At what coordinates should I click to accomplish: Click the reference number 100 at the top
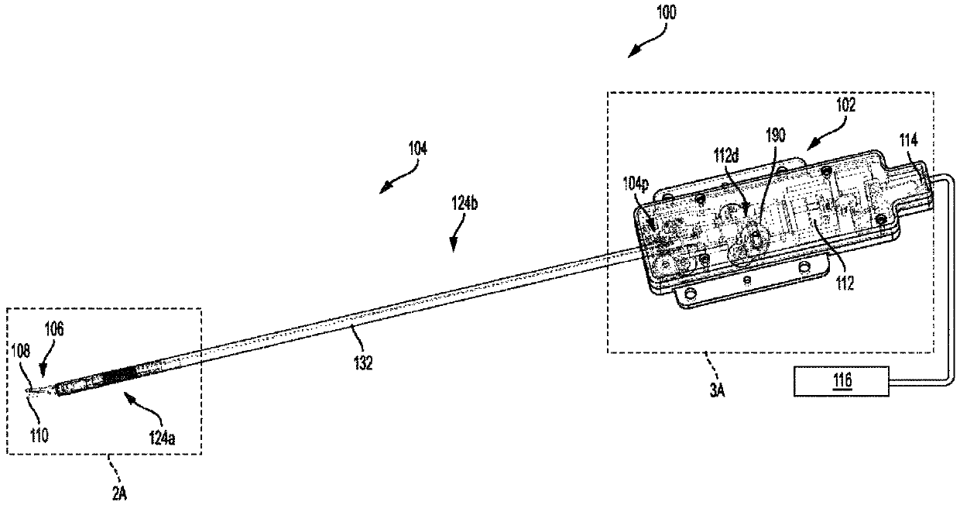[x=665, y=12]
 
